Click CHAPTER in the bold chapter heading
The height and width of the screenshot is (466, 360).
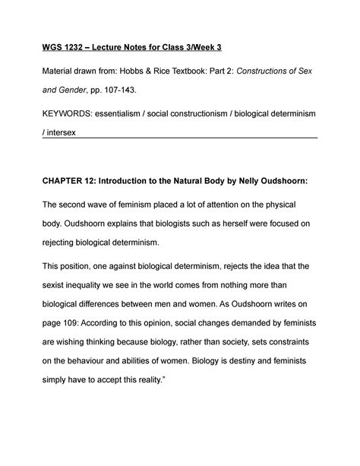pyautogui.click(x=70, y=182)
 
